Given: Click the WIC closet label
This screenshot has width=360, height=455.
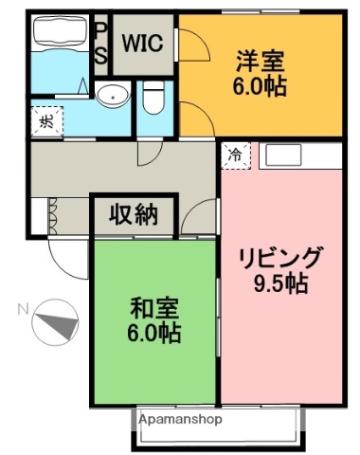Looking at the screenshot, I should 142,44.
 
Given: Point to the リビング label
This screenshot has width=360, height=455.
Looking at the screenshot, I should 281,258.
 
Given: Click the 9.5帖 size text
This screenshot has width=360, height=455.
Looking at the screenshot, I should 281,282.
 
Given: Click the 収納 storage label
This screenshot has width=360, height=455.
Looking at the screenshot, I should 134,214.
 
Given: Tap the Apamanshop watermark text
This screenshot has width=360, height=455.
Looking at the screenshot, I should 181,418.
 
